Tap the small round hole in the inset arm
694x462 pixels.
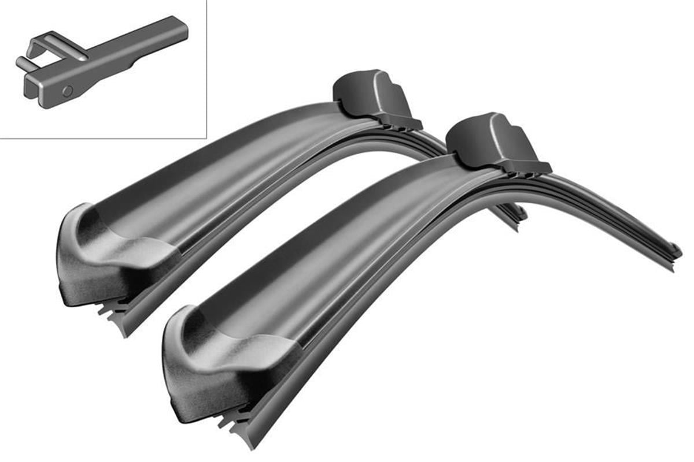68,91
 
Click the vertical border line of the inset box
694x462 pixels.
206,69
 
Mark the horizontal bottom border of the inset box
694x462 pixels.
104,139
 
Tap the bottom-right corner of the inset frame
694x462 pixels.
206,139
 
